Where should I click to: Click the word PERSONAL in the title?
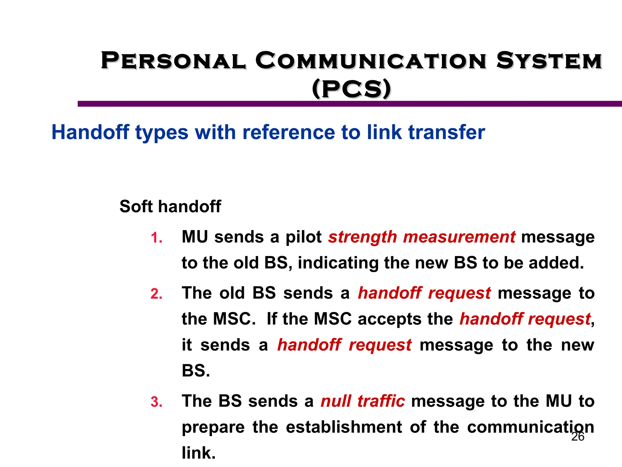pyautogui.click(x=173, y=61)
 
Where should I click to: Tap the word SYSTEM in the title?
pyautogui.click(x=549, y=61)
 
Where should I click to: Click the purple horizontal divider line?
pyautogui.click(x=349, y=104)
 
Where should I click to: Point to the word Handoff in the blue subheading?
pyautogui.click(x=91, y=132)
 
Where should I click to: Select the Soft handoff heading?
pyautogui.click(x=170, y=206)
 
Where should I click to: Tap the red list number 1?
pyautogui.click(x=156, y=238)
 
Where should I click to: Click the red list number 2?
pyautogui.click(x=156, y=294)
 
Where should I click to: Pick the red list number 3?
pyautogui.click(x=156, y=402)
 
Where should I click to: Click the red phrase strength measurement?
pyautogui.click(x=422, y=237)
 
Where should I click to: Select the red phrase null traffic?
pyautogui.click(x=363, y=401)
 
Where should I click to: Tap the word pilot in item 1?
pyautogui.click(x=303, y=237)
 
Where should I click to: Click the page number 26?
pyautogui.click(x=578, y=437)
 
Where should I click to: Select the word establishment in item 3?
pyautogui.click(x=344, y=427)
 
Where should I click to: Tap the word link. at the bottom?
pyautogui.click(x=199, y=453)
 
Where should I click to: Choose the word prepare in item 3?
pyautogui.click(x=213, y=427)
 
